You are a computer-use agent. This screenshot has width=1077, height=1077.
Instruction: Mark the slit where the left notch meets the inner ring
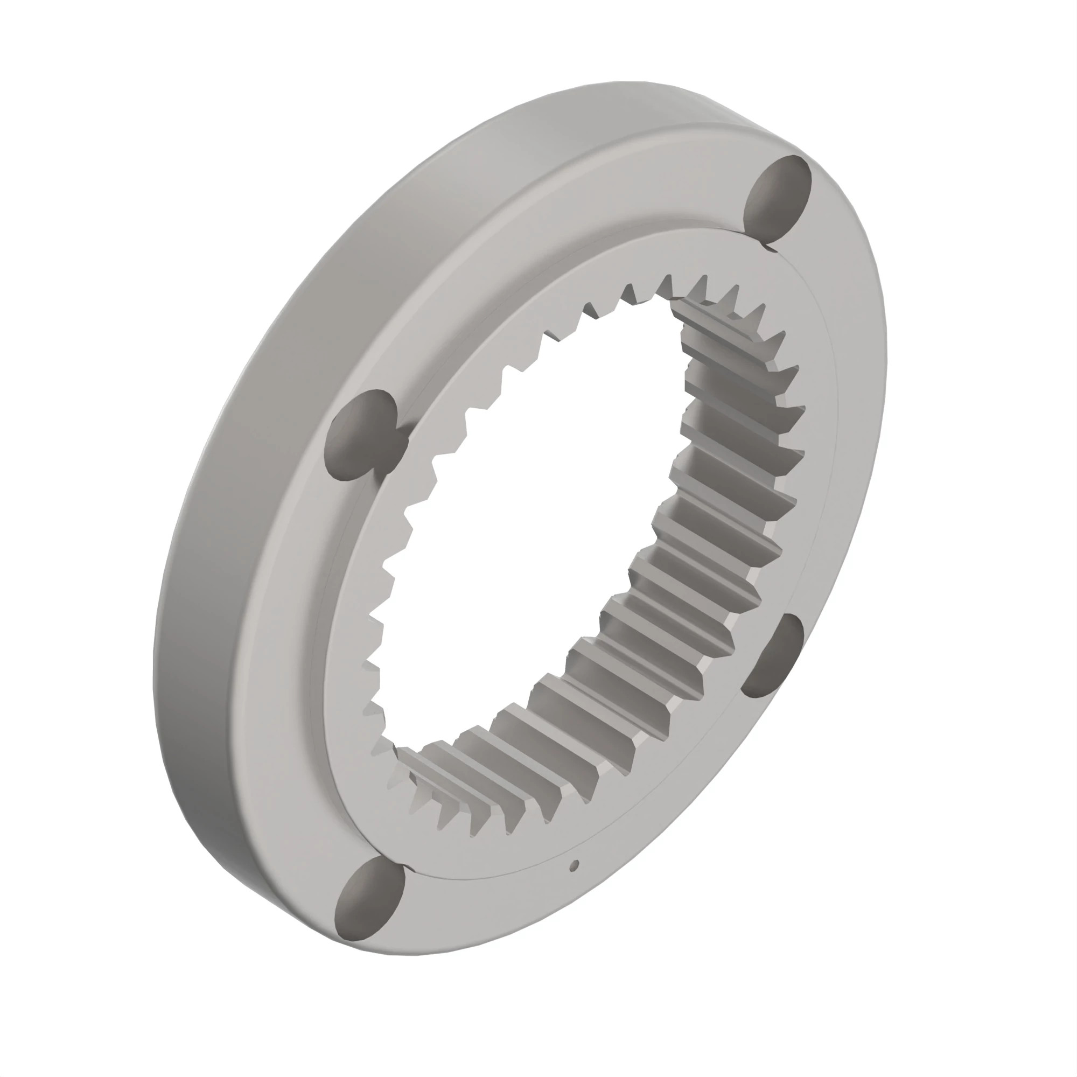(402, 440)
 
